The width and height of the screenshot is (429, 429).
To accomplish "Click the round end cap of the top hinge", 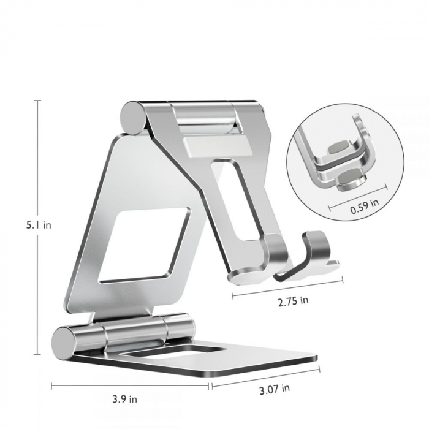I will [132, 116].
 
